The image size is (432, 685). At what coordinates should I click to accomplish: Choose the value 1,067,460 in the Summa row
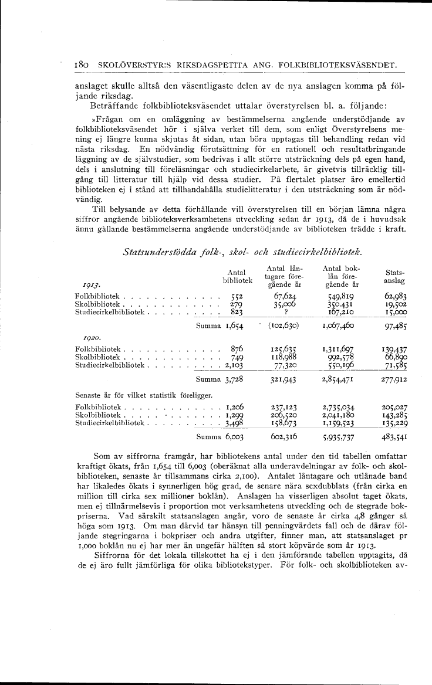point(341,325)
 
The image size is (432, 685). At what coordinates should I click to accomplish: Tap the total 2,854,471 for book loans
point(341,379)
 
